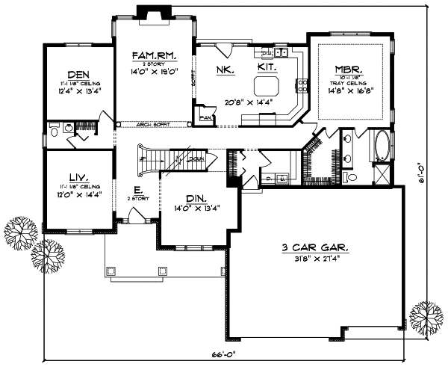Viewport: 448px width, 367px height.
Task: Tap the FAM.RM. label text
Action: click(x=152, y=56)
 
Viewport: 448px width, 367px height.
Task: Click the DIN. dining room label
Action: click(x=196, y=199)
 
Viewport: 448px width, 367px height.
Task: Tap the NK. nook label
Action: click(x=225, y=69)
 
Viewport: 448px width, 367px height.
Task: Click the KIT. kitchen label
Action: click(x=267, y=67)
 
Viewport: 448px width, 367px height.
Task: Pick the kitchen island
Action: click(x=267, y=82)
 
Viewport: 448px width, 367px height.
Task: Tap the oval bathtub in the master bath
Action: click(x=381, y=147)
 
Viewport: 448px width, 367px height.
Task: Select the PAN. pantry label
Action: click(x=205, y=117)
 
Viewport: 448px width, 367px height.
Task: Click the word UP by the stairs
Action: click(x=143, y=159)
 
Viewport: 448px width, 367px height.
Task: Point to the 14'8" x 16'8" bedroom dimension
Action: click(x=349, y=90)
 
